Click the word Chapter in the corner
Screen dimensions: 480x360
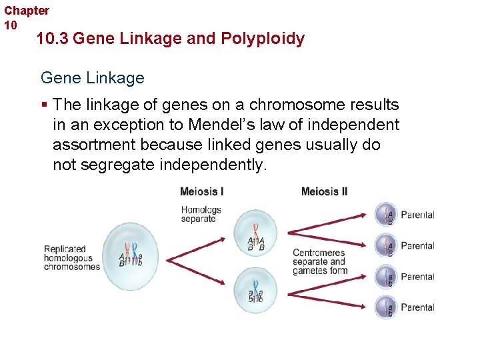27,11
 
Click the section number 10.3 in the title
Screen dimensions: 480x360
53,39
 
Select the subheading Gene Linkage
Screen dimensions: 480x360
92,78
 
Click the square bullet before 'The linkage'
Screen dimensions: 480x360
44,105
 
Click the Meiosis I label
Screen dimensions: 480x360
201,192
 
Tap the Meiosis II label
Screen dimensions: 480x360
324,192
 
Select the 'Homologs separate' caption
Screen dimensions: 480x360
201,214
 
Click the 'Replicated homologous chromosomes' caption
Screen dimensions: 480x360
72,258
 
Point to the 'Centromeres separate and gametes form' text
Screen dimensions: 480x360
319,262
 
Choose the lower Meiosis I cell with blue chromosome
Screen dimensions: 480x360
256,288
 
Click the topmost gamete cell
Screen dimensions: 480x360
387,215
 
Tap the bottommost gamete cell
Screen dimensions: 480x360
387,307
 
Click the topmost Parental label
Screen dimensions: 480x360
417,215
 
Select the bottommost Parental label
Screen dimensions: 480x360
417,307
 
